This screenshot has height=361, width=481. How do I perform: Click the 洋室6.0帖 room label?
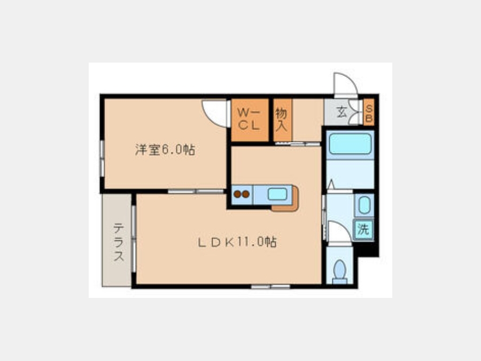165,150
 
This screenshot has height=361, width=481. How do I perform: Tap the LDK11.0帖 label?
237,242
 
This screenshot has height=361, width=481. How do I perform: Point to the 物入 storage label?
282,119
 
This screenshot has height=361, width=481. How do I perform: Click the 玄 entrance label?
342,112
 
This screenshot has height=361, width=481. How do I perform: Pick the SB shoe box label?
369,113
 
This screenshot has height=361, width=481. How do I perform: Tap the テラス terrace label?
119,242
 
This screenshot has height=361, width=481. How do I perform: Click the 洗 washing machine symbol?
363,229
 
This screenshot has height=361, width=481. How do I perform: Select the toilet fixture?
339,272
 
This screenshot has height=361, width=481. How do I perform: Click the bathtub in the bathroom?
350,144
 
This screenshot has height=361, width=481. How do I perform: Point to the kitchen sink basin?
277,194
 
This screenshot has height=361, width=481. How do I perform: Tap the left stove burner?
237,194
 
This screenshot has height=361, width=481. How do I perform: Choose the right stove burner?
246,194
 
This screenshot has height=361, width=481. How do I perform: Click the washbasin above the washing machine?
364,205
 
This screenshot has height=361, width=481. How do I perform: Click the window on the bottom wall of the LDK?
270,287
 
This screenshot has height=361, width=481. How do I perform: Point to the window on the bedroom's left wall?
102,158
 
